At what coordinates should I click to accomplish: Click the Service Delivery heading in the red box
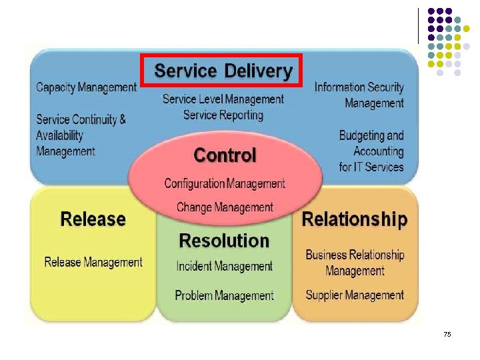223,71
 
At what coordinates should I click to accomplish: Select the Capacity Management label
86,87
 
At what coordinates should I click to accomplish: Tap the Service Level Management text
223,99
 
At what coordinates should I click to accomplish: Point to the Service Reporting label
223,115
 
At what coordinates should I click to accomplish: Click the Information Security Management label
359,95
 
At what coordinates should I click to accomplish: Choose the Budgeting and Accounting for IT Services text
371,151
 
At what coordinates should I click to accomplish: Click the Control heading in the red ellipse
225,155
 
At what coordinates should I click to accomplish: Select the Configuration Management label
225,183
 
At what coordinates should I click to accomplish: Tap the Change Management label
225,207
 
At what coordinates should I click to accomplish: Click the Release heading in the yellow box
93,219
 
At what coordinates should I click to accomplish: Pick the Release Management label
93,262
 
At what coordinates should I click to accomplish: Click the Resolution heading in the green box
224,241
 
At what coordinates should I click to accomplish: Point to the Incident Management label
225,267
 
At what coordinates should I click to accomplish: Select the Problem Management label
225,295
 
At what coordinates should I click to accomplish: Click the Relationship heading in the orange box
355,219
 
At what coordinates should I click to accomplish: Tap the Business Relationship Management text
355,263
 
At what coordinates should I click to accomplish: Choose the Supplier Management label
355,295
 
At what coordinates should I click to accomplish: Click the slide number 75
447,334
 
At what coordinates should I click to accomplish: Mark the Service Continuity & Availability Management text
81,135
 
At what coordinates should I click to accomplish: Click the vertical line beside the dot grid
419,27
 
